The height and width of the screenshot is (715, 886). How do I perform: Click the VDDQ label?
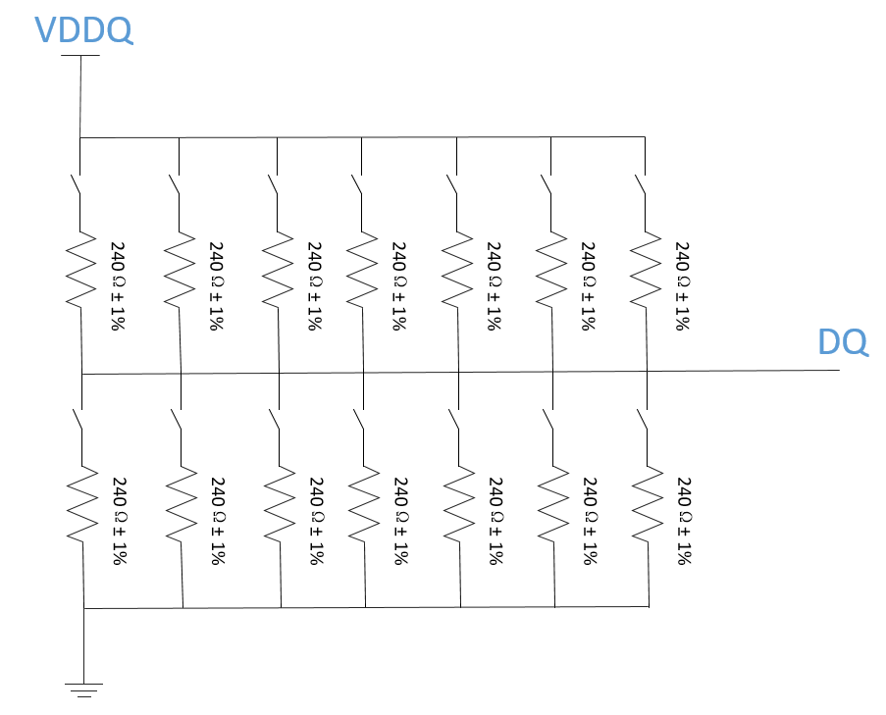click(83, 29)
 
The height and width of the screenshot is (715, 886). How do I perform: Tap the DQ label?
click(842, 342)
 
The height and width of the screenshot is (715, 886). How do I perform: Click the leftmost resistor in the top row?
click(79, 269)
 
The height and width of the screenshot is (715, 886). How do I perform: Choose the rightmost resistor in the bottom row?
click(646, 502)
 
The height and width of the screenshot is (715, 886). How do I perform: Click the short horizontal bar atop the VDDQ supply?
click(79, 56)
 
